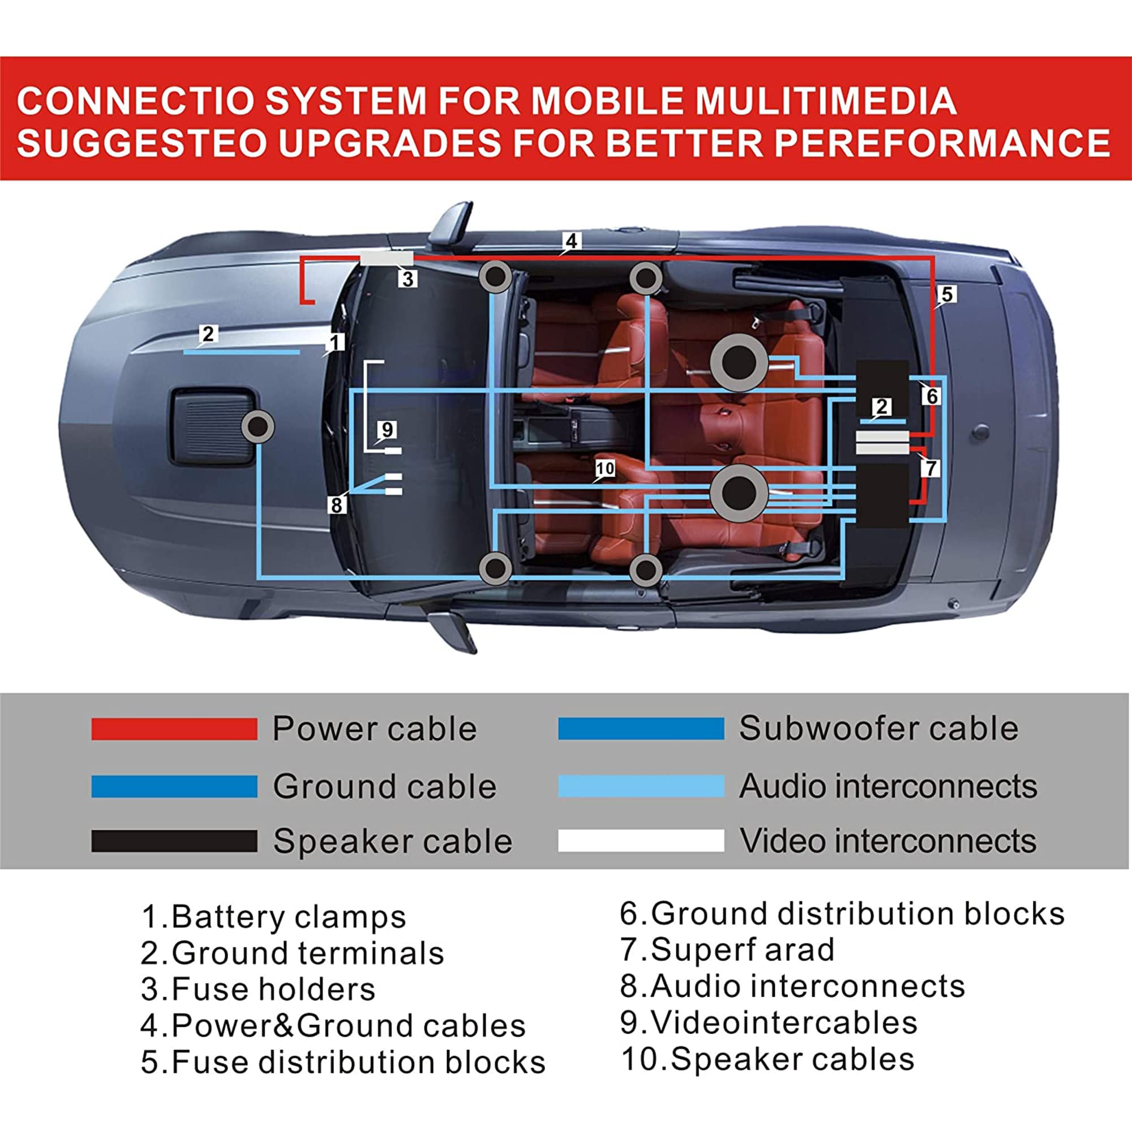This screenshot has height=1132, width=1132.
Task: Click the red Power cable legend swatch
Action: tap(174, 729)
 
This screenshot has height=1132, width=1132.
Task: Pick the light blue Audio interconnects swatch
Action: tap(641, 786)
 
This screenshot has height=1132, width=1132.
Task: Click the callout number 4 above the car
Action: tap(571, 240)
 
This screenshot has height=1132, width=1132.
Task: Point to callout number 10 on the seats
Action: tap(604, 468)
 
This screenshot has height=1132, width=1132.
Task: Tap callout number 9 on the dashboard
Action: tap(387, 430)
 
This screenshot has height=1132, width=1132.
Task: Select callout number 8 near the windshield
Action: tap(336, 504)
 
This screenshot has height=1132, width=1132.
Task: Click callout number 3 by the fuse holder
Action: tap(408, 278)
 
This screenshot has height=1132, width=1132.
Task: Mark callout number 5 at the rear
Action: tap(946, 294)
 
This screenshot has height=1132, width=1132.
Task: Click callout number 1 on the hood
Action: tap(335, 342)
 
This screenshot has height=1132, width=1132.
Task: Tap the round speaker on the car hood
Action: tap(258, 427)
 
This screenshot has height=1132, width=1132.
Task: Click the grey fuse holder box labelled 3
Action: tap(387, 259)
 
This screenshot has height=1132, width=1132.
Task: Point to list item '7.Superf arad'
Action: tap(727, 949)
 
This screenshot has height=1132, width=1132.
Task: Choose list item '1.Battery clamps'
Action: tap(273, 916)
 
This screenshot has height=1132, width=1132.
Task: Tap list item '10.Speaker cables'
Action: tap(767, 1059)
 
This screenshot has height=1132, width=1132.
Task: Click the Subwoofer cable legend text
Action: tap(878, 728)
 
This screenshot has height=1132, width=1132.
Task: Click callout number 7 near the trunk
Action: tap(930, 468)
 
